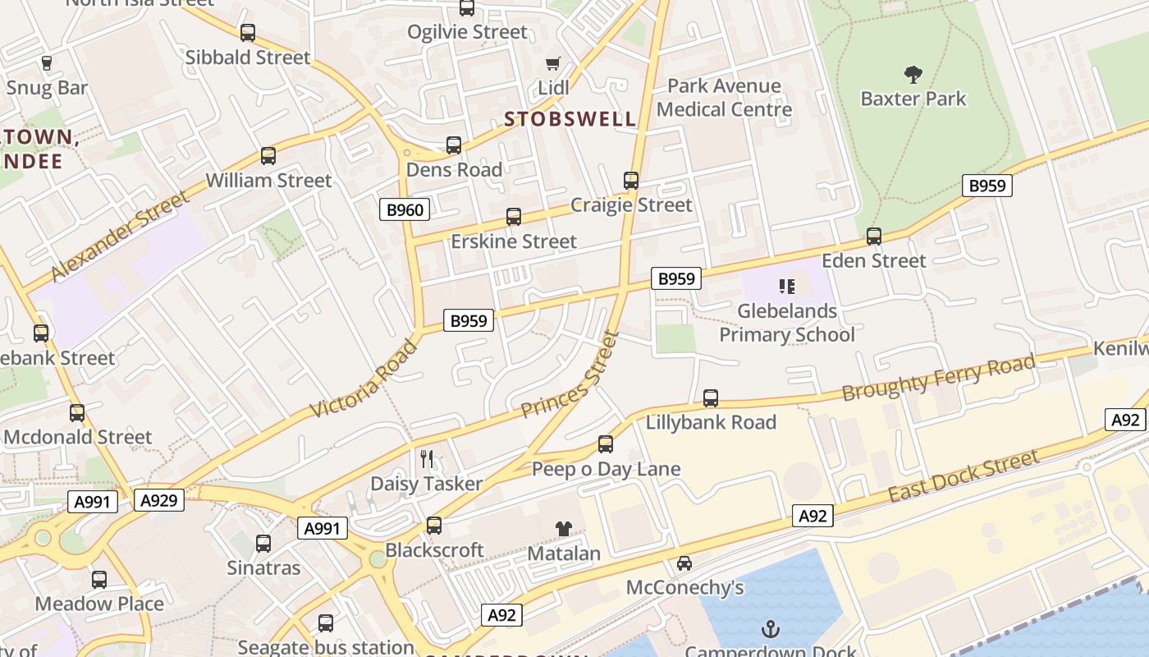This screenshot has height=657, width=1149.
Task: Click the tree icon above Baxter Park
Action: [913, 75]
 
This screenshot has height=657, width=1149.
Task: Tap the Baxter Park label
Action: [913, 99]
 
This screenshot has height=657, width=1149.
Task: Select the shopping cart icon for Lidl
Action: [553, 63]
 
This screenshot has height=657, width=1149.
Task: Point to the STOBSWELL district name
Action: [570, 119]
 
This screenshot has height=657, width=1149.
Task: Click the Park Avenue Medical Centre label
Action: [724, 98]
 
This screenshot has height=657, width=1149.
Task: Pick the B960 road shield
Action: [405, 209]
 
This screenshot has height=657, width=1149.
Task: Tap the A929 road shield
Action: [159, 499]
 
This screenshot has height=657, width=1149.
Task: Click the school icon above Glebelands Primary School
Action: [787, 287]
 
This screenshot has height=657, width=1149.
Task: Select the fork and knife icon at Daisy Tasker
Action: [426, 458]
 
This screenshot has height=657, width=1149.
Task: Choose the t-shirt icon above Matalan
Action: [563, 528]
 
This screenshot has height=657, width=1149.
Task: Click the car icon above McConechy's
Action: [684, 563]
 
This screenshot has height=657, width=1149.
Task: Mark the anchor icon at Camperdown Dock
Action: [770, 630]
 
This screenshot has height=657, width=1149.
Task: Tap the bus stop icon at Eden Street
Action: [874, 237]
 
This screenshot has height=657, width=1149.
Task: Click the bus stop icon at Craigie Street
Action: [630, 181]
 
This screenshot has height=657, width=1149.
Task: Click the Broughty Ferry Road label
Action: [939, 378]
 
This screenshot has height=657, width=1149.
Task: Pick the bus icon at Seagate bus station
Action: [326, 623]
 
